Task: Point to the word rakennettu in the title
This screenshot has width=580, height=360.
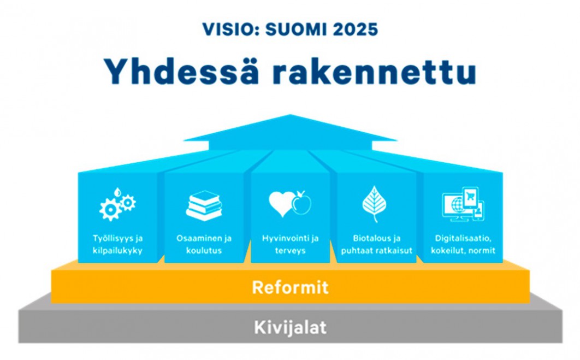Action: coord(374,71)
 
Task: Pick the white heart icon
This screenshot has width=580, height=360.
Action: coord(282,204)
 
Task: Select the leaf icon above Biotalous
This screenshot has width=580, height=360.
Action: coord(374,204)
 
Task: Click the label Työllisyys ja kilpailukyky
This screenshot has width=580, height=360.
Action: coord(117,244)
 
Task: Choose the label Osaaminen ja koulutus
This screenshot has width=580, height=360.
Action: coord(204,244)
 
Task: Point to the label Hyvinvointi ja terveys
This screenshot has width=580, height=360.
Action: coord(291,244)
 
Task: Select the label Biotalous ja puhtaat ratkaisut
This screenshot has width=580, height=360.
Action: coord(376,244)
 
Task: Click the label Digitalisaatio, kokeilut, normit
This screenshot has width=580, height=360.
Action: coord(463,244)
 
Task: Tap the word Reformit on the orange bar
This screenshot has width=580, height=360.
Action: coord(291,287)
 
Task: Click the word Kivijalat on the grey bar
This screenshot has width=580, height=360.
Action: coord(291,327)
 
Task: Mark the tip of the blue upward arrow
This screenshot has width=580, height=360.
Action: coord(290,115)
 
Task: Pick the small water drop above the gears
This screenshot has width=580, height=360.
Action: coord(117,192)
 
